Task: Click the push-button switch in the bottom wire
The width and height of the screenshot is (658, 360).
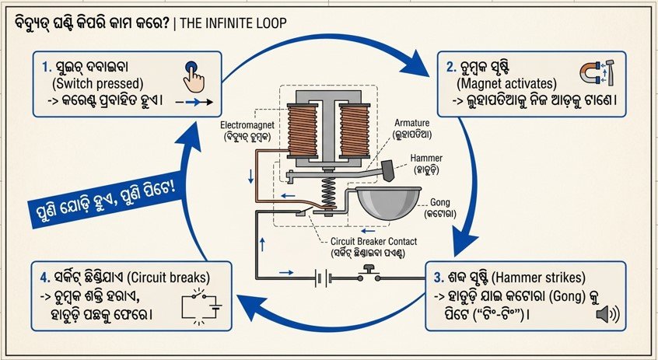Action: [x=370, y=272]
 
